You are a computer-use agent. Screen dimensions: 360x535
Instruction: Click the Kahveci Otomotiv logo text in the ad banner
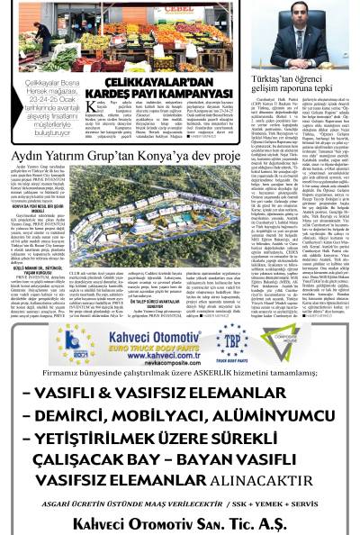164,333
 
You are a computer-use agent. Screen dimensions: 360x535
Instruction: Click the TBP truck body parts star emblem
233,343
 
